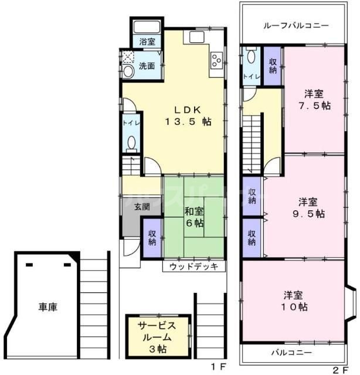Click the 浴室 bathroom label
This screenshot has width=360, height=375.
(147, 42)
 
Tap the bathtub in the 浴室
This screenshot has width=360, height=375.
(147, 28)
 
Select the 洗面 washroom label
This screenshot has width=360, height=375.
(147, 66)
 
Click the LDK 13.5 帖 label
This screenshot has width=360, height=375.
(187, 115)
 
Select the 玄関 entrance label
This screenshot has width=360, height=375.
(141, 206)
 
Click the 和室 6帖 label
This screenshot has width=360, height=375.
(194, 217)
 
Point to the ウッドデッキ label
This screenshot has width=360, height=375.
(193, 267)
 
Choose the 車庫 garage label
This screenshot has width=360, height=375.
(49, 306)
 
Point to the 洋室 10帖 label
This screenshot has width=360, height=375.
(296, 301)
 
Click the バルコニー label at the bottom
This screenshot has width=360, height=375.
(291, 353)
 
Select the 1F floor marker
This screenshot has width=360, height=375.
(219, 367)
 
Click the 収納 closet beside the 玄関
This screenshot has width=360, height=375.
(151, 237)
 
